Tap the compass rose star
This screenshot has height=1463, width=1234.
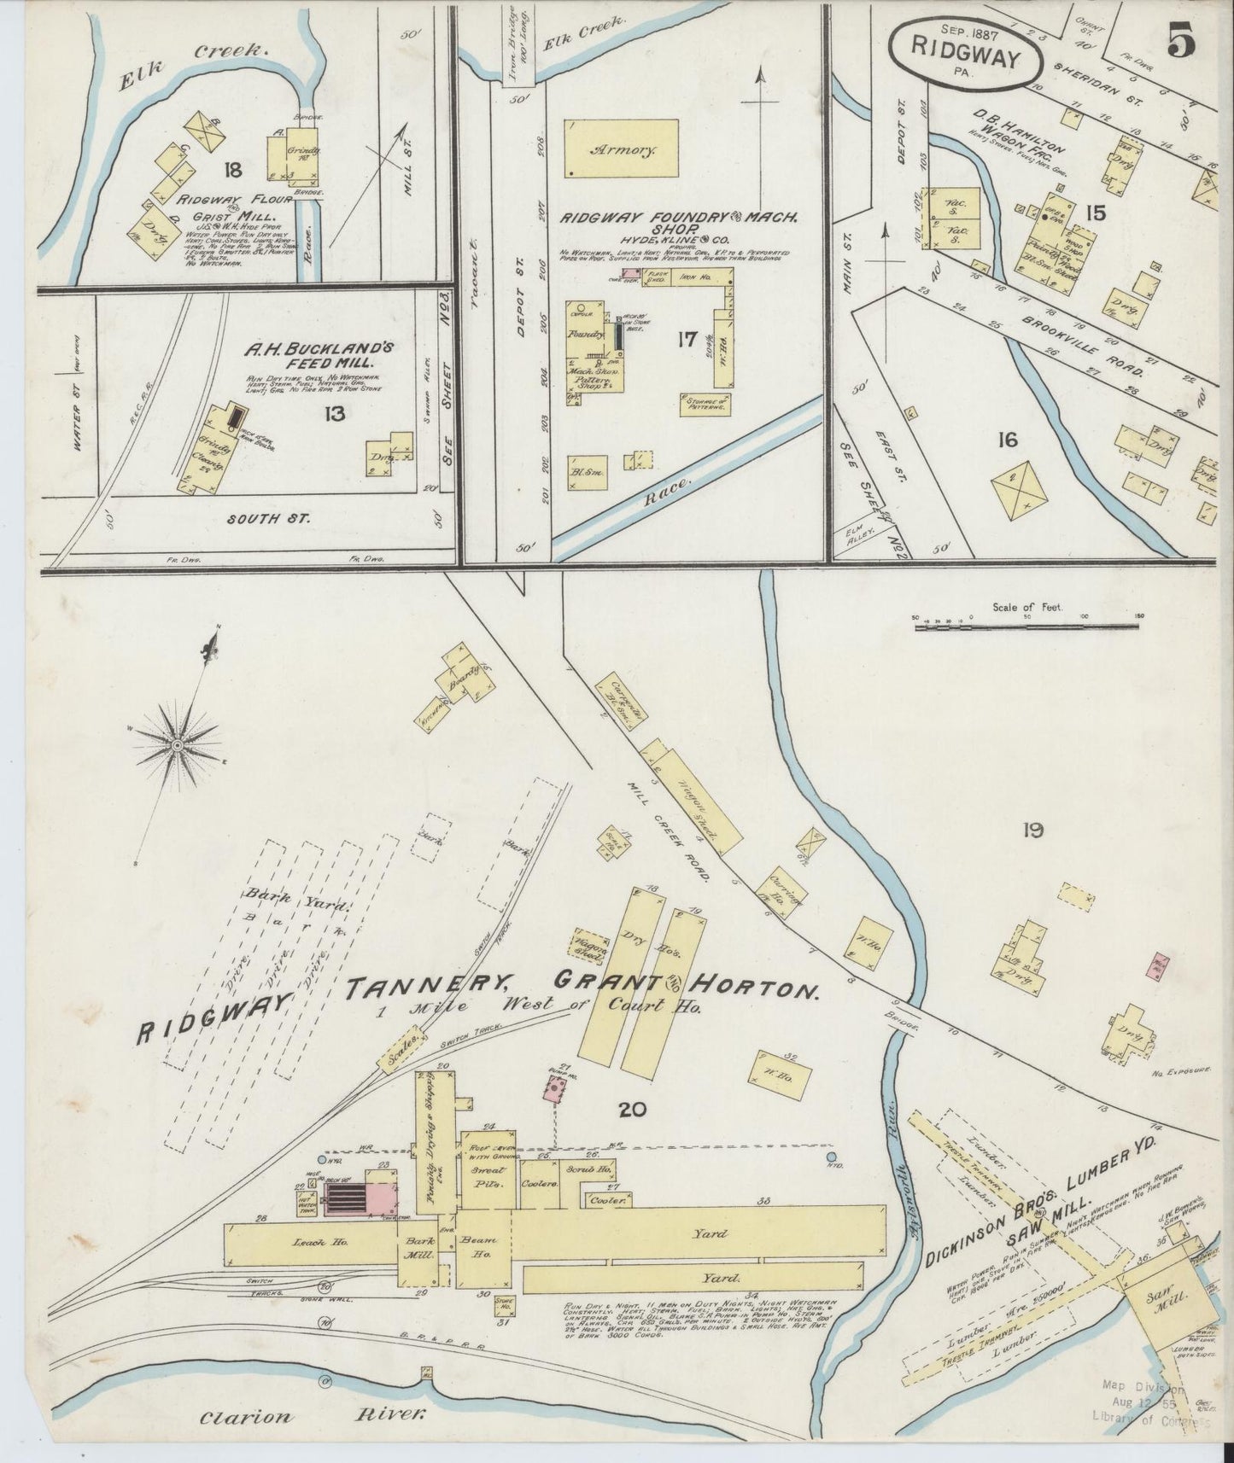[176, 746]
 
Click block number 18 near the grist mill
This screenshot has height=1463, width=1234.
[231, 170]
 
